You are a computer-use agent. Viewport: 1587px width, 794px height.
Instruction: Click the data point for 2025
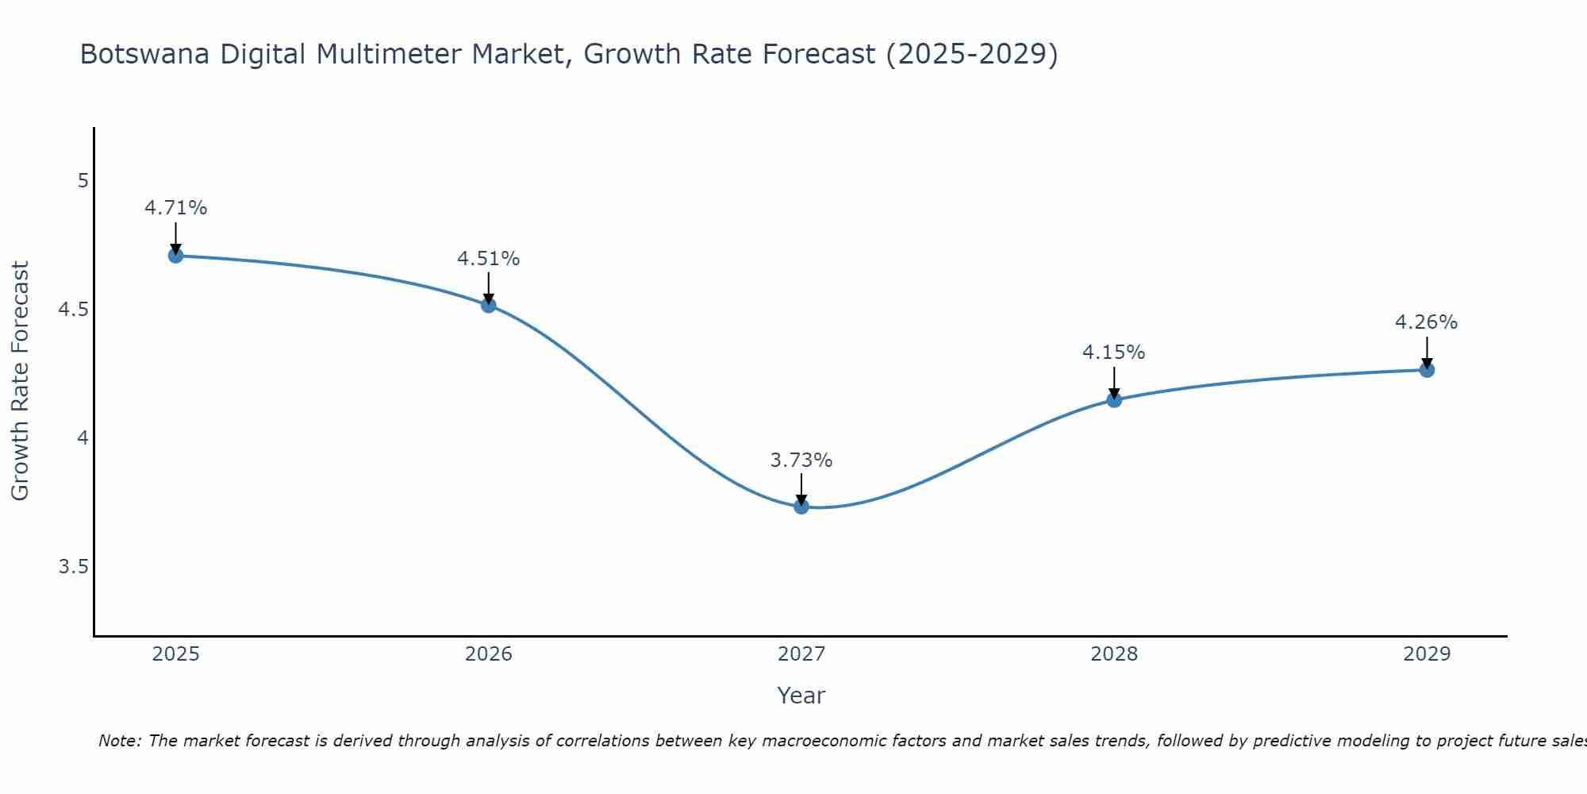coord(175,256)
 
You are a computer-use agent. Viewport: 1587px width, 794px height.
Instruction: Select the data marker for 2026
coord(489,305)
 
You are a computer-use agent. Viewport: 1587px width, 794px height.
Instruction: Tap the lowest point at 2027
coord(801,507)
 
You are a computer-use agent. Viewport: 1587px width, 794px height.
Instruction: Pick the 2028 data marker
coord(1114,399)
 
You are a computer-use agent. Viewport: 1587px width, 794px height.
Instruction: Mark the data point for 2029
coord(1427,370)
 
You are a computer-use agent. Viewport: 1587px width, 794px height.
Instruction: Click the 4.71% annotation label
coord(175,208)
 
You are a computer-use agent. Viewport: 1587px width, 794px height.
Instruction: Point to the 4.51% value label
coord(489,259)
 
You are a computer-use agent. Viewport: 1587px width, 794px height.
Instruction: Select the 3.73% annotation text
coord(801,461)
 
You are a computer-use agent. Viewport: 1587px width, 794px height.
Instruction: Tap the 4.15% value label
coord(1114,353)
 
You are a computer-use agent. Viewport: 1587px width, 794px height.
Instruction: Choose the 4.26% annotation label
coord(1427,322)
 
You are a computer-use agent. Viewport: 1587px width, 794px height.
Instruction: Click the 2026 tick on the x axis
coord(489,654)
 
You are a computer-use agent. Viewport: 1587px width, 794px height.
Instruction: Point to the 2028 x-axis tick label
coord(1114,654)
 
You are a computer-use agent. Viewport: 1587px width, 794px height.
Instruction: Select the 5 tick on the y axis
coord(83,181)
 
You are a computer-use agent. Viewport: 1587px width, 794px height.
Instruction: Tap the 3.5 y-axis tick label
coord(74,567)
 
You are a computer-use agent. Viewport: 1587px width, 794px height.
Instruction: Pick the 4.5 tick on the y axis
coord(74,310)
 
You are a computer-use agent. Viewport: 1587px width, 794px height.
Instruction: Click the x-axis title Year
coord(801,696)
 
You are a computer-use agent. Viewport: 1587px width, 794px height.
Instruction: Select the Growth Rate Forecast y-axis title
coord(20,381)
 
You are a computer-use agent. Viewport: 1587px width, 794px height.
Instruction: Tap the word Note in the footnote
coord(119,741)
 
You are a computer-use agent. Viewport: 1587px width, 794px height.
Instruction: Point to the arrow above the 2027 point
coord(801,489)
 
